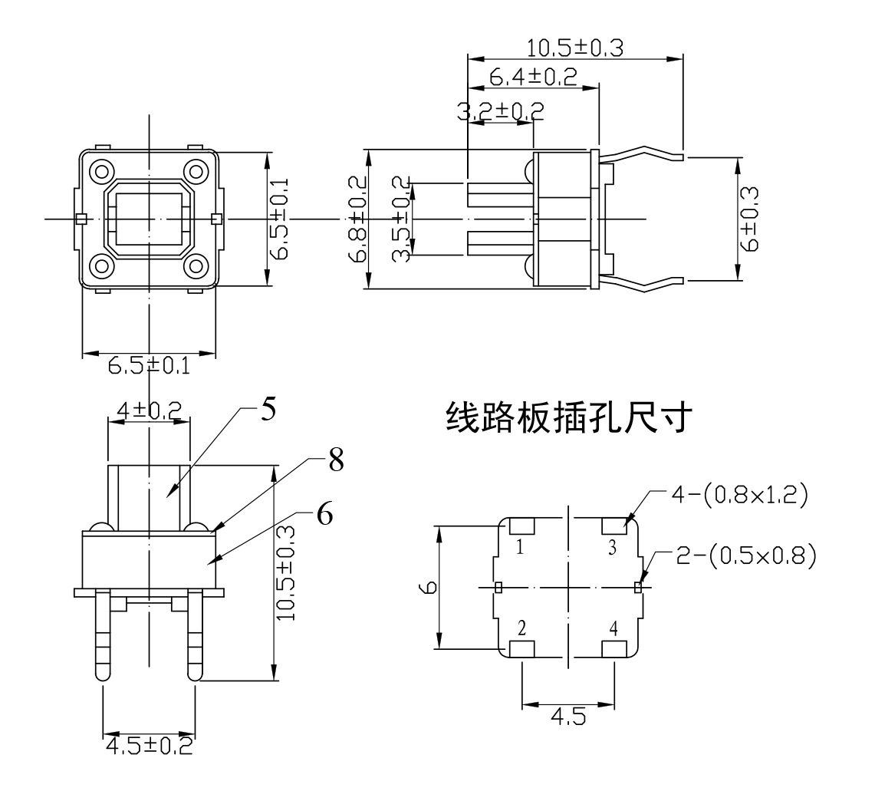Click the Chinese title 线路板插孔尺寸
coord(571,420)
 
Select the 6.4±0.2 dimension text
coord(533,77)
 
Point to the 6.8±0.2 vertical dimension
coord(357,219)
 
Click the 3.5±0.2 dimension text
coord(400,219)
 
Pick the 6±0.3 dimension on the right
coord(752,219)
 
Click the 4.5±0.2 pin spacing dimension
coord(149,745)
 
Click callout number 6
coord(324,515)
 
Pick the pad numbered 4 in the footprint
coord(613,649)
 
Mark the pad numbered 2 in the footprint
coord(521,649)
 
